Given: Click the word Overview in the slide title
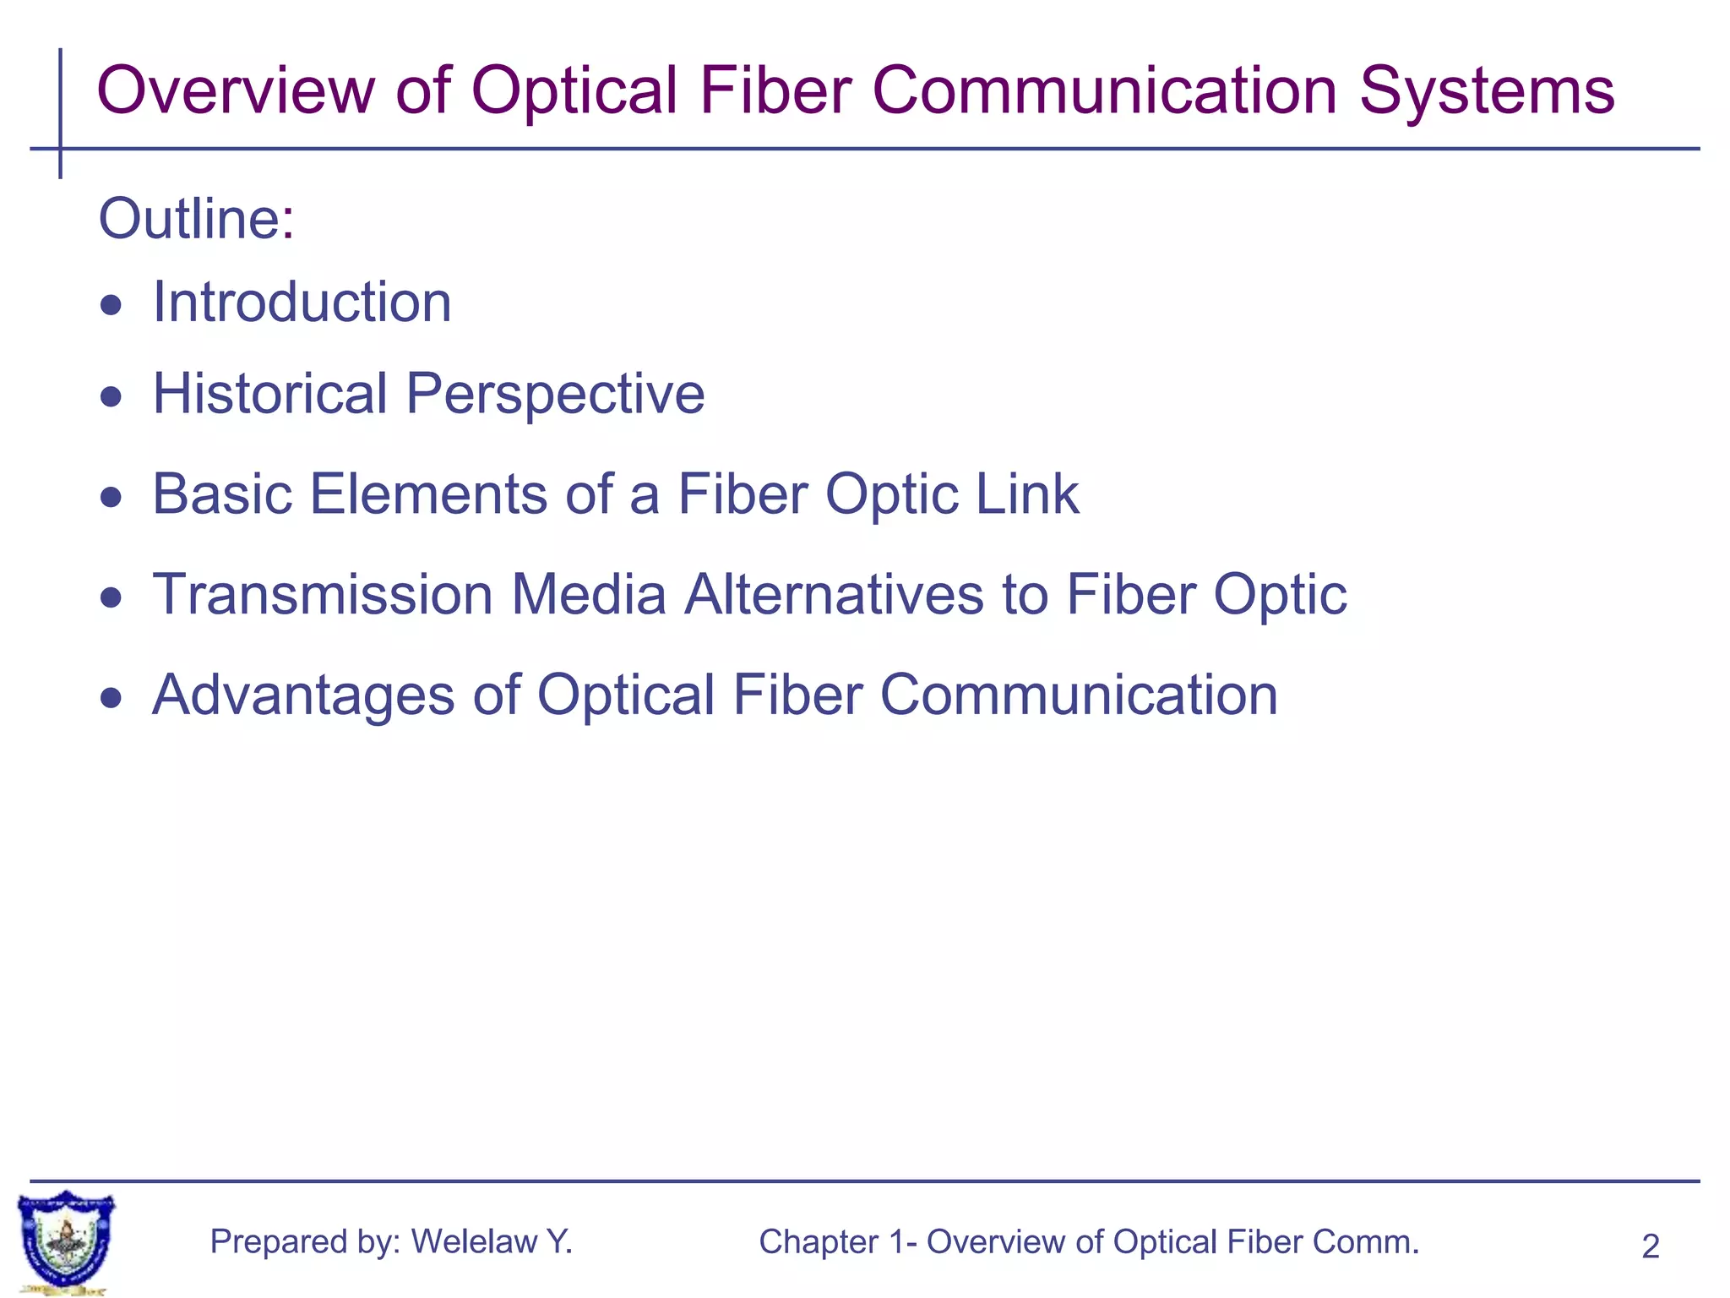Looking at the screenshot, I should point(236,90).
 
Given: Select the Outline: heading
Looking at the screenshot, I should point(196,219).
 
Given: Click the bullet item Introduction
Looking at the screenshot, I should point(302,302).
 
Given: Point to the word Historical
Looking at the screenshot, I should point(269,393).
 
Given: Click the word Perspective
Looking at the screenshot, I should point(555,395).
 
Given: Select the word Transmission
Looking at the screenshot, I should point(323,594).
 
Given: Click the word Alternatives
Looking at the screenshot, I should point(834,594).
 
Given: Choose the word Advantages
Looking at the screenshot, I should point(302,695).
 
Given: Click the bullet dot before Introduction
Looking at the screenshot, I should point(111,305).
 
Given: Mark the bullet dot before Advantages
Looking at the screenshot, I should point(111,698).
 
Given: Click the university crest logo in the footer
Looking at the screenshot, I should point(66,1241).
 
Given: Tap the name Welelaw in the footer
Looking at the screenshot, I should point(474,1241).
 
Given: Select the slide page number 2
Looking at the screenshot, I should point(1650,1246).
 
